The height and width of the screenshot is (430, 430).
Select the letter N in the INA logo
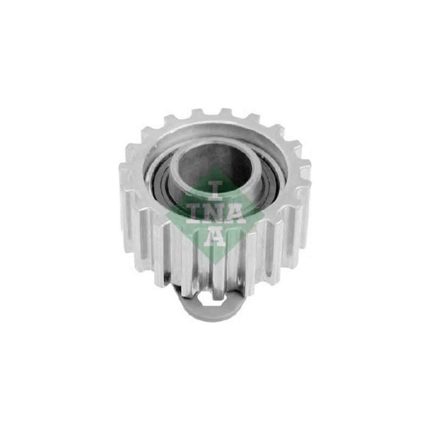tap(214, 213)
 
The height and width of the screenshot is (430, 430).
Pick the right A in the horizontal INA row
tap(235, 213)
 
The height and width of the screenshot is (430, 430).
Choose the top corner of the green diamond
tap(214, 169)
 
